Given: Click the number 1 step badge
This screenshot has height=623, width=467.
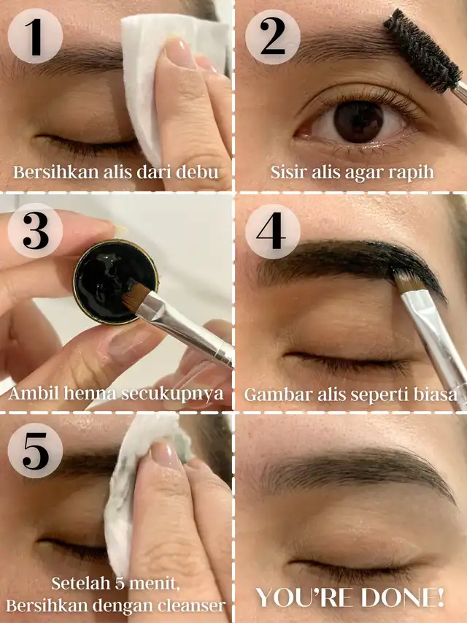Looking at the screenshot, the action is (x=35, y=37).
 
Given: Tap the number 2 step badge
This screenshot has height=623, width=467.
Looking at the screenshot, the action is (x=272, y=37).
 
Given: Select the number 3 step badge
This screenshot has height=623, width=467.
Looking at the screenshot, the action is (x=35, y=231).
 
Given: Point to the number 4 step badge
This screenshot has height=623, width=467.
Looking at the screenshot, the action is (x=272, y=231).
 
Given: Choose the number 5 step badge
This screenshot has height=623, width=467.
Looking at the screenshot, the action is (x=35, y=451).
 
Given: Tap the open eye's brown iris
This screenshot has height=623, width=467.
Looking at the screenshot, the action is (x=358, y=121).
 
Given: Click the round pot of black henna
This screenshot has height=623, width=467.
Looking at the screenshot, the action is (x=115, y=282).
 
